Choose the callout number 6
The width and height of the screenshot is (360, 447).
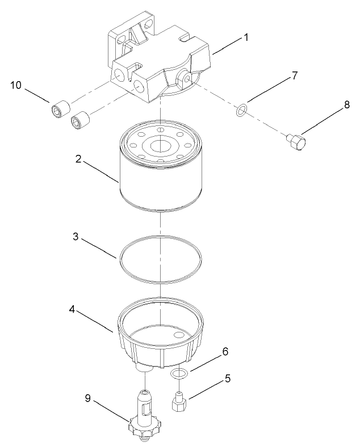coord(225,352)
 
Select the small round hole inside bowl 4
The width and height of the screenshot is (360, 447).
coord(181,335)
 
